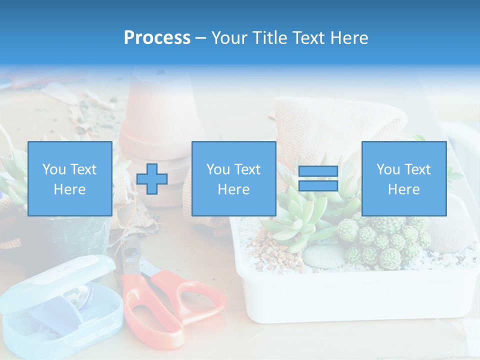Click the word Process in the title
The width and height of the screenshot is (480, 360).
[x=157, y=38]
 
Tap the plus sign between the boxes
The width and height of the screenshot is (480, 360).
[x=152, y=179]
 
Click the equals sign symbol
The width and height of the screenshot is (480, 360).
[x=318, y=178]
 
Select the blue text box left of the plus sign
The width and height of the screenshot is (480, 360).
[x=69, y=178]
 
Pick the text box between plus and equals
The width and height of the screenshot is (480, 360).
[x=233, y=178]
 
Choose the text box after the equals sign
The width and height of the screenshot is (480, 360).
[x=403, y=178]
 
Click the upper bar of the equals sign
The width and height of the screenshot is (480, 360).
[x=318, y=171]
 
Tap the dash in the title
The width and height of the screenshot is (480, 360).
[x=200, y=38]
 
